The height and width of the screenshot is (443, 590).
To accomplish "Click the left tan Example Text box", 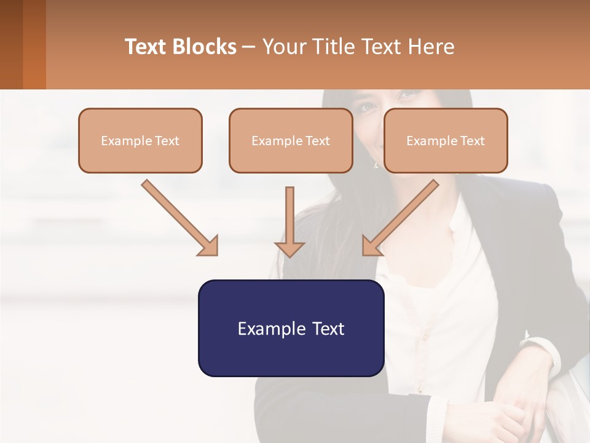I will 140,140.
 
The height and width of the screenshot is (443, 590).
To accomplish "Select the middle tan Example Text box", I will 291,140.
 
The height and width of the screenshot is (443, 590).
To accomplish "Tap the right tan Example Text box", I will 446,140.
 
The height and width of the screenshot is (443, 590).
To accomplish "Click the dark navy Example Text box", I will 291,328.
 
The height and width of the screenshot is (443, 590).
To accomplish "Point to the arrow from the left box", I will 178,217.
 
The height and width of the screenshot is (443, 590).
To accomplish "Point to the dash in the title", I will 249,47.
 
